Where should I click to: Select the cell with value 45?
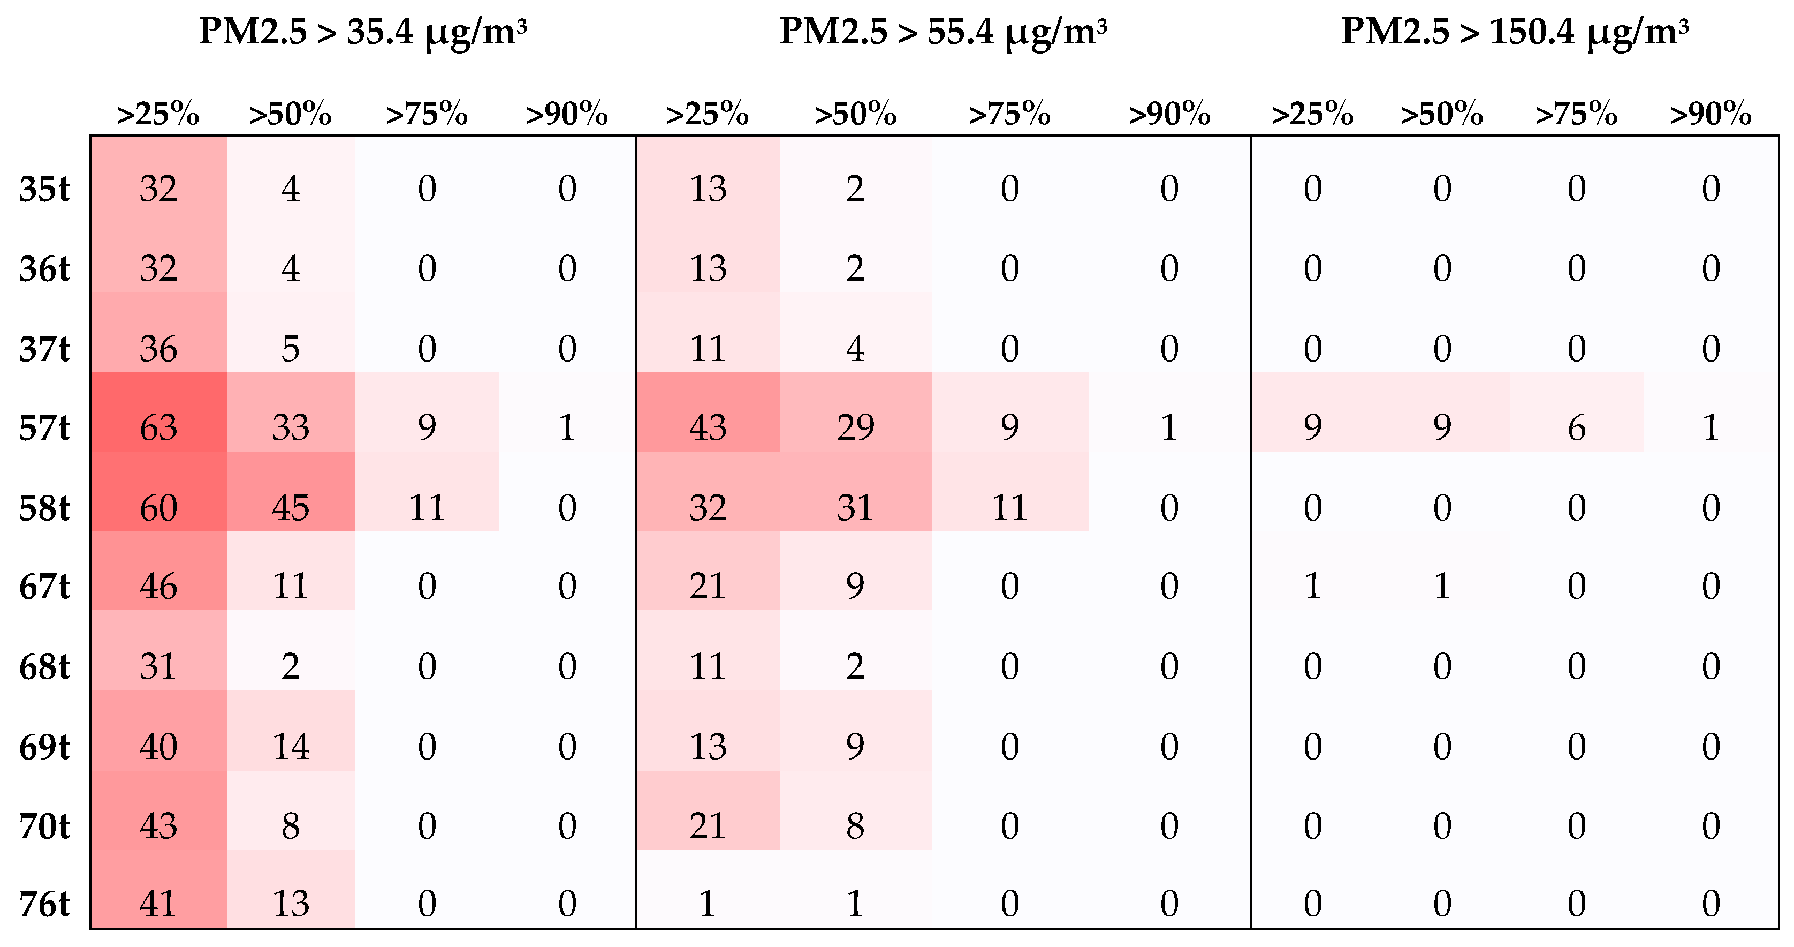pyautogui.click(x=291, y=507)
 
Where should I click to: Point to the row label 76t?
pyautogui.click(x=44, y=904)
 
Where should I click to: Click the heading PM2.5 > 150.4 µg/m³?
pyautogui.click(x=1515, y=32)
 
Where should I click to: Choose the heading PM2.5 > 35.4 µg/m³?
pyautogui.click(x=363, y=32)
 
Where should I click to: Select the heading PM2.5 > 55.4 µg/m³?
pyautogui.click(x=943, y=32)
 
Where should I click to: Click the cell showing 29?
pyautogui.click(x=855, y=427)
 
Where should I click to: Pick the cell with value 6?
pyautogui.click(x=1576, y=427)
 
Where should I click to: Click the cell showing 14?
pyautogui.click(x=291, y=746)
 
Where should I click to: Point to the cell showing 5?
pyautogui.click(x=291, y=348)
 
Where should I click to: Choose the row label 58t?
pyautogui.click(x=44, y=507)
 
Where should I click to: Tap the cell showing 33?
pyautogui.click(x=291, y=427)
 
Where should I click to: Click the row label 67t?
pyautogui.click(x=44, y=586)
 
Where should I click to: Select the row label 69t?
pyautogui.click(x=44, y=746)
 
